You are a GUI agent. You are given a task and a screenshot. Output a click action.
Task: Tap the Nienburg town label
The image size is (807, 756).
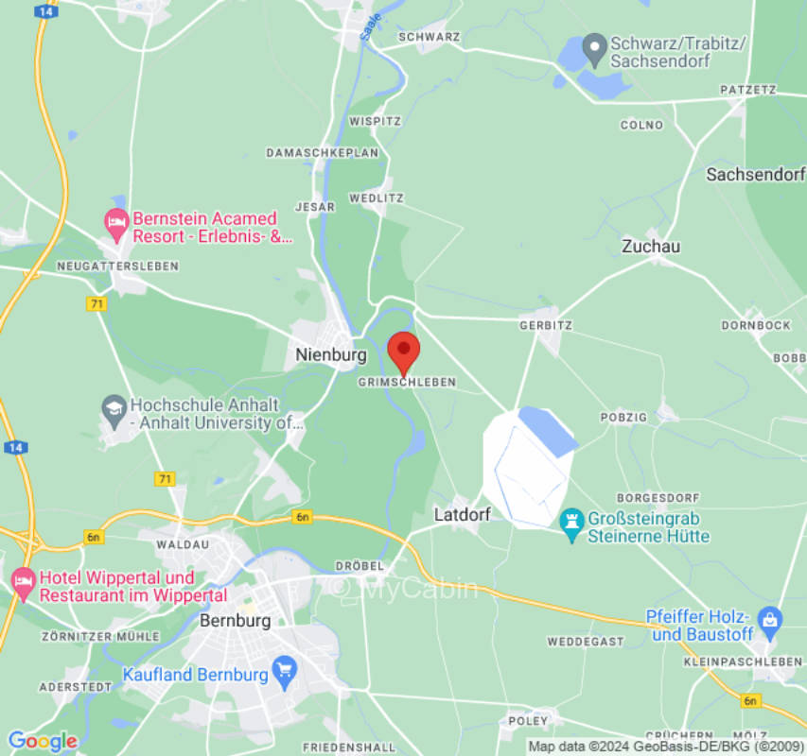point(330,355)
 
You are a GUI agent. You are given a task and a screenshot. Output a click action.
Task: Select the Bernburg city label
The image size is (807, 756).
point(236,621)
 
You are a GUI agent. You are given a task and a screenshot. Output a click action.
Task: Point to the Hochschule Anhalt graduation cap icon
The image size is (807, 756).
point(114,407)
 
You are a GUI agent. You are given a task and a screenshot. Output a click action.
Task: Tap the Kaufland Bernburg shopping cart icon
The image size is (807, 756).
point(283,673)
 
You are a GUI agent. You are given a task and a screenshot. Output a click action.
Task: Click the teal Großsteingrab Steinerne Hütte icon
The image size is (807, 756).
point(571,520)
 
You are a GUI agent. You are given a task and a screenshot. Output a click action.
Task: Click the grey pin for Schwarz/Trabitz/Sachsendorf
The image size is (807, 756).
point(594,44)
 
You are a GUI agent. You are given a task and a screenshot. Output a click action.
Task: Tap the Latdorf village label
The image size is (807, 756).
point(463,515)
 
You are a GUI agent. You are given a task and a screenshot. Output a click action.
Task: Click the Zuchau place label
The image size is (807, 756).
point(651,246)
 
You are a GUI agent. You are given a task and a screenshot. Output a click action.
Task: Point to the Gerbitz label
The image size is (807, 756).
point(546,324)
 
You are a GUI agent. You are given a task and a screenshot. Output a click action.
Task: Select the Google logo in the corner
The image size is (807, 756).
point(42,741)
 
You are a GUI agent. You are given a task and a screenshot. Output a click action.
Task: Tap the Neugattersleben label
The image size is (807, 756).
point(117,266)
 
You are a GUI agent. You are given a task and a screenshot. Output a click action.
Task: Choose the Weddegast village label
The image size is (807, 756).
point(586,642)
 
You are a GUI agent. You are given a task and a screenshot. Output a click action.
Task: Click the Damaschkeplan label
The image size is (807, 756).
point(322,152)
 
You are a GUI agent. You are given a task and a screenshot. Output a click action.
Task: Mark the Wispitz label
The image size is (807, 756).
point(375,122)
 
